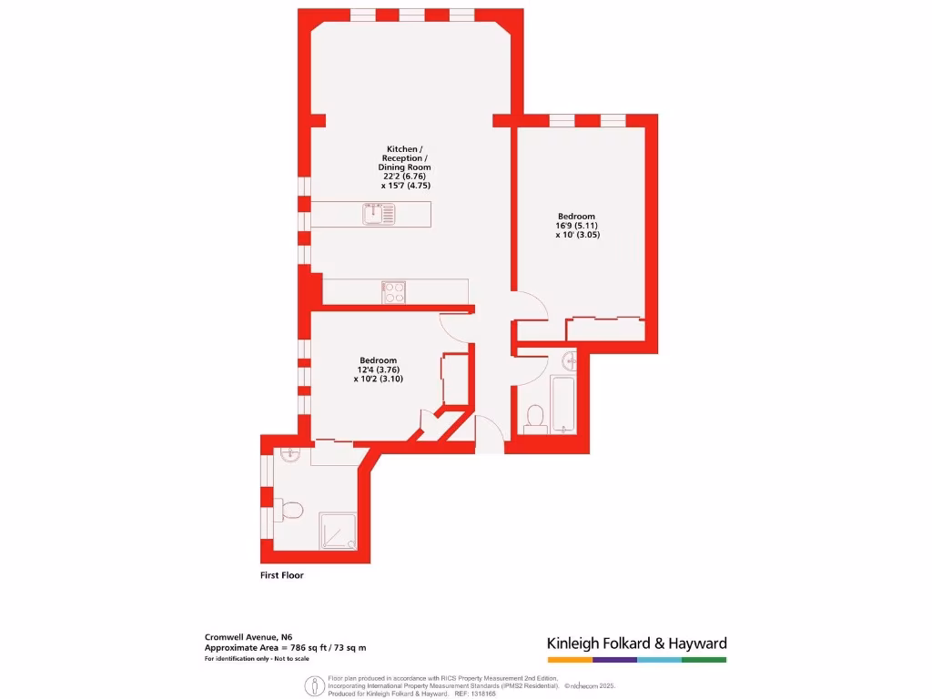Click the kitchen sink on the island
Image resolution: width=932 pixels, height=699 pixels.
click(x=379, y=215)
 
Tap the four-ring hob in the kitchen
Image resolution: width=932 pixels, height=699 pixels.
click(x=394, y=292)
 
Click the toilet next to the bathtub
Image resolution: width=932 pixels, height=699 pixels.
click(x=534, y=417)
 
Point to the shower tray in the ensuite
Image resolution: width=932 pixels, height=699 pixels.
click(x=338, y=531)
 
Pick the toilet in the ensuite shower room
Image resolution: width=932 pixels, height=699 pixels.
click(x=291, y=510)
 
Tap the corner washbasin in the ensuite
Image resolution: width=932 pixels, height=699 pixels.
click(x=289, y=455)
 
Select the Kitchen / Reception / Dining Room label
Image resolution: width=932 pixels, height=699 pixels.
click(x=405, y=158)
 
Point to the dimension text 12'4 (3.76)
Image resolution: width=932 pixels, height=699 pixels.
click(x=378, y=370)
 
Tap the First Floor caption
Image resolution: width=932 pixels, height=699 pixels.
click(x=282, y=576)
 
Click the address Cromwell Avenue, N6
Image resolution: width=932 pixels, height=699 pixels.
click(x=248, y=637)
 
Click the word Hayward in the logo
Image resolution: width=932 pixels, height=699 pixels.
click(x=693, y=643)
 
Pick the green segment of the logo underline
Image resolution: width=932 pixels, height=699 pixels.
click(x=704, y=659)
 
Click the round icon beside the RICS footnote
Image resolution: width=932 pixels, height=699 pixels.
click(x=316, y=684)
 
